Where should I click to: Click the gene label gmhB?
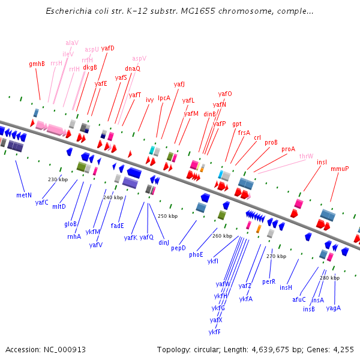click(x=37, y=64)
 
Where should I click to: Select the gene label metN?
click(x=24, y=195)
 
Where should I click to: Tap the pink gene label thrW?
click(x=306, y=156)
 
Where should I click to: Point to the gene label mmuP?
click(x=340, y=169)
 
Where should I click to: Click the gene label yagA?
click(x=334, y=308)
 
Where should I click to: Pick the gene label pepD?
click(x=179, y=248)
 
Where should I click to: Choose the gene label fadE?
click(x=118, y=226)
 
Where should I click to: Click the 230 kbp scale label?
click(x=58, y=179)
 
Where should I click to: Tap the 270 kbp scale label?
click(x=276, y=256)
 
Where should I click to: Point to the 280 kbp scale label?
click(x=329, y=278)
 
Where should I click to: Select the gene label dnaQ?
click(x=133, y=68)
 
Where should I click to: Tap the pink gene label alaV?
click(x=72, y=43)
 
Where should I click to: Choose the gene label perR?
click(x=269, y=281)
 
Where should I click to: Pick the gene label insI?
click(x=322, y=162)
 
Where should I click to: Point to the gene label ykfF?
click(x=215, y=332)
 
